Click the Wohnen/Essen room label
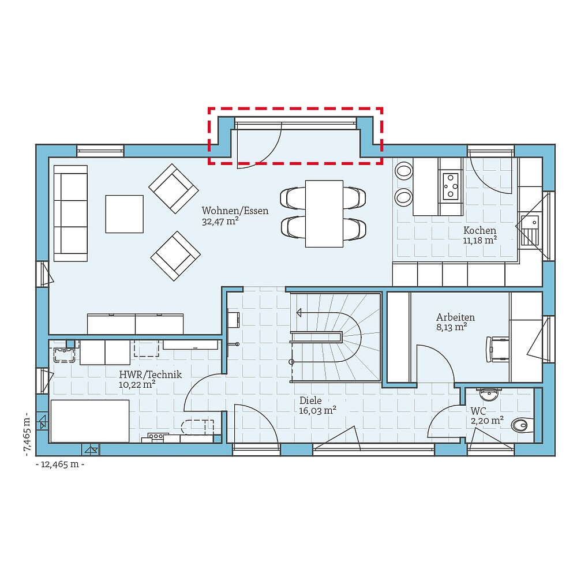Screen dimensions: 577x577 [235, 211]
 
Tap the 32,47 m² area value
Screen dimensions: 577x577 [220, 221]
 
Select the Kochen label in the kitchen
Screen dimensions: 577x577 [479, 230]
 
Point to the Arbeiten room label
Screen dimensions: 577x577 [455, 317]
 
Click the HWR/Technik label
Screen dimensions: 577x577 [150, 374]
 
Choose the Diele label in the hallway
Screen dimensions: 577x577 [310, 400]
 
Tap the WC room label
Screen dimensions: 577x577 [478, 411]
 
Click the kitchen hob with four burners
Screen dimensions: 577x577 [451, 185]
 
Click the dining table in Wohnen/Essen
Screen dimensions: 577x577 [323, 213]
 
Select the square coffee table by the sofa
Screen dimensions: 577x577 [124, 213]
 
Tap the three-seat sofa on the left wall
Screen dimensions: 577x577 [70, 213]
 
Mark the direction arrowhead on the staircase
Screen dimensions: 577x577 [299, 313]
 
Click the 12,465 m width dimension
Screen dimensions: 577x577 [60, 464]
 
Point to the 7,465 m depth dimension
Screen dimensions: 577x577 [27, 433]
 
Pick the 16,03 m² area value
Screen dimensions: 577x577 [317, 411]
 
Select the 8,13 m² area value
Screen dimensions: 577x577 [451, 327]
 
